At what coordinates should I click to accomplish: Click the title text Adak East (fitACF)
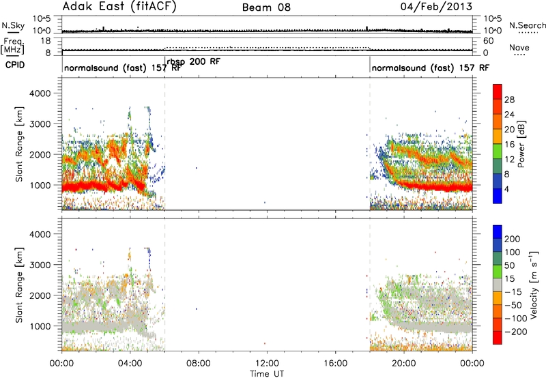pyautogui.click(x=119, y=7)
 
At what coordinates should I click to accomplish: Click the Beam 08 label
pyautogui.click(x=266, y=8)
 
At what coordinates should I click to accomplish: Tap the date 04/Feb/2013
pyautogui.click(x=436, y=7)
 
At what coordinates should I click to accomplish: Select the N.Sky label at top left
pyautogui.click(x=13, y=25)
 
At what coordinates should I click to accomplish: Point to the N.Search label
pyautogui.click(x=527, y=25)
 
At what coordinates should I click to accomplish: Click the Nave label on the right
pyautogui.click(x=519, y=48)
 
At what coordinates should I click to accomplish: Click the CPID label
pyautogui.click(x=15, y=65)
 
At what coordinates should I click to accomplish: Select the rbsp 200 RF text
pyautogui.click(x=194, y=62)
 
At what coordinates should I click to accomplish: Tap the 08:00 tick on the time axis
pyautogui.click(x=199, y=364)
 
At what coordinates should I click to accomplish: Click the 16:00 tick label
pyautogui.click(x=335, y=364)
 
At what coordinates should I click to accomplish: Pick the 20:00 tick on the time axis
pyautogui.click(x=403, y=364)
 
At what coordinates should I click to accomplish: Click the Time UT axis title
pyautogui.click(x=267, y=374)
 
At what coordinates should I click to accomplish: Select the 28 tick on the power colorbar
pyautogui.click(x=509, y=100)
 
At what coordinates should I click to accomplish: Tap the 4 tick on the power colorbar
pyautogui.click(x=507, y=189)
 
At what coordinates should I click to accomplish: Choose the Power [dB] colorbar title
pyautogui.click(x=521, y=144)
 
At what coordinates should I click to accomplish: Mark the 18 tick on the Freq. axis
pyautogui.click(x=46, y=41)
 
